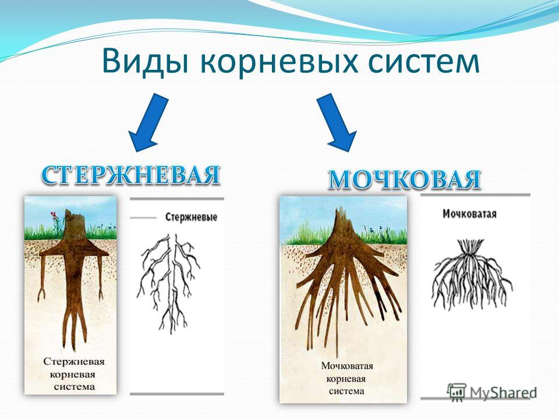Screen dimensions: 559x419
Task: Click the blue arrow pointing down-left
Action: (x=148, y=123)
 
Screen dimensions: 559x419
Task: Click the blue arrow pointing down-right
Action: (x=337, y=123)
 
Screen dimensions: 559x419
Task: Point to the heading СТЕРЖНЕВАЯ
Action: (x=130, y=175)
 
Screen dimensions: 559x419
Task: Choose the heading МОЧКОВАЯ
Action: (x=404, y=179)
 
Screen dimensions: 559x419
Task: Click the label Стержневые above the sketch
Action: (x=191, y=217)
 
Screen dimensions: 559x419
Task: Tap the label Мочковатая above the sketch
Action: (x=469, y=214)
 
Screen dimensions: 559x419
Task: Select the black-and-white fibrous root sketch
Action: (x=471, y=274)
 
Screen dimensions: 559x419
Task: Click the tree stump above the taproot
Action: (x=74, y=225)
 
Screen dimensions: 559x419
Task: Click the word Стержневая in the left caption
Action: (x=74, y=361)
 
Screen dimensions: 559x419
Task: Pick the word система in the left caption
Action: (x=75, y=386)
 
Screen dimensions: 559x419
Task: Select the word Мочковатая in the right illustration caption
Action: (x=347, y=366)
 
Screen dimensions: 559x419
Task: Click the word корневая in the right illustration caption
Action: (x=346, y=379)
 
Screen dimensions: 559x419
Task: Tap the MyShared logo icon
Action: (x=457, y=392)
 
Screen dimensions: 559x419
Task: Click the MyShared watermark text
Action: (x=503, y=392)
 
